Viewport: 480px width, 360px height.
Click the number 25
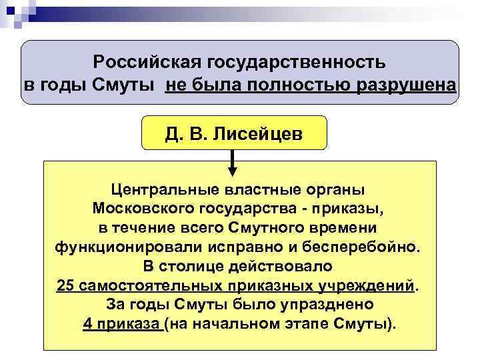pyautogui.click(x=65, y=286)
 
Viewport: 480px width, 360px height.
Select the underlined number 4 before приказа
pyautogui.click(x=89, y=325)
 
